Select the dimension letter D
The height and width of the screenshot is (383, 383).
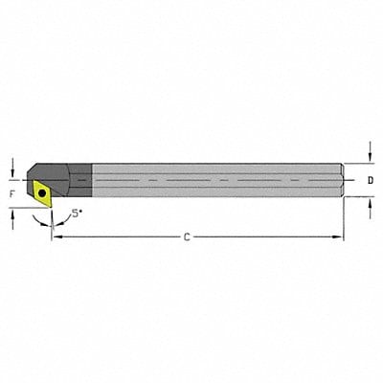pos(371,179)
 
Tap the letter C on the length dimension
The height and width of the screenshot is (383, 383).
pos(188,237)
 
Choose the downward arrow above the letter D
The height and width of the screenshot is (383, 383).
pos(371,148)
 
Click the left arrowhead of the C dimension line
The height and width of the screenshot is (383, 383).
pos(55,237)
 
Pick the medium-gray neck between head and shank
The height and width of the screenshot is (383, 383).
pos(83,179)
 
